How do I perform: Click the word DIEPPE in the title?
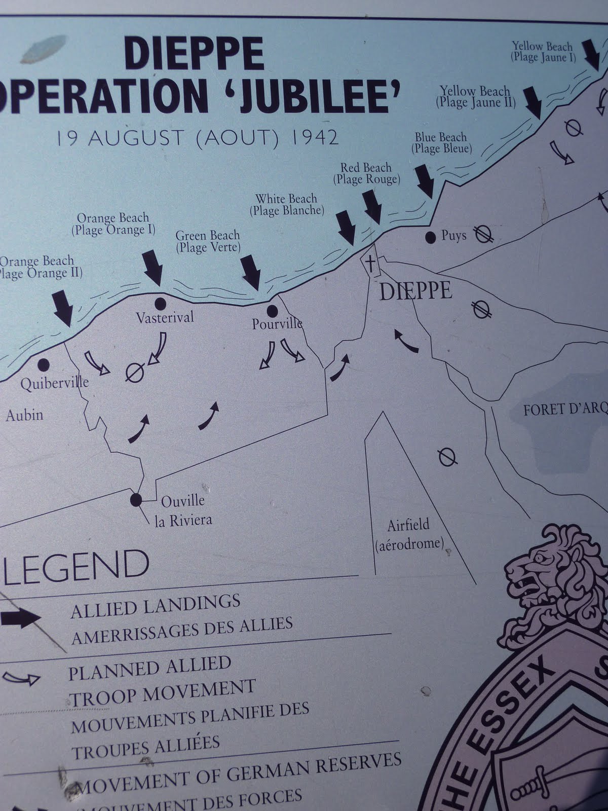194,54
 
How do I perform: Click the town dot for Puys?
431,237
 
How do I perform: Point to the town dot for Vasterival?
160,304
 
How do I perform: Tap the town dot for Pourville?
272,310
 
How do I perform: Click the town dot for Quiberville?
43,364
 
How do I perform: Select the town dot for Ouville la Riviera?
136,500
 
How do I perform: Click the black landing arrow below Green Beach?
250,271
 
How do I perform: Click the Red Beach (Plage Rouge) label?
366,173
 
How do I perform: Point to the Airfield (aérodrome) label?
408,534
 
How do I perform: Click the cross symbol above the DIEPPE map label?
371,263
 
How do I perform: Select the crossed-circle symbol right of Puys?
483,234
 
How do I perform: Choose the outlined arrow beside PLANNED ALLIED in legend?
21,678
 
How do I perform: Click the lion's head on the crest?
532,573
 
